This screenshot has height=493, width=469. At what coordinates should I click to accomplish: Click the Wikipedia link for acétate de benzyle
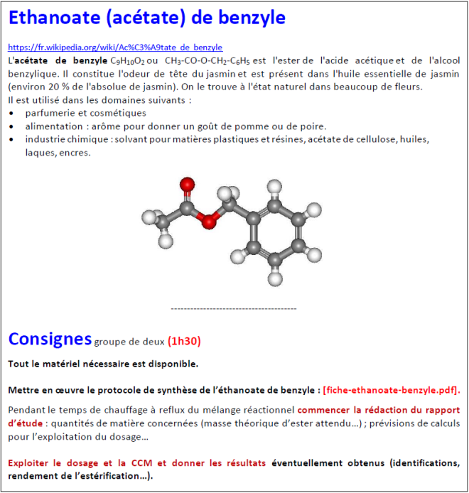click(x=115, y=48)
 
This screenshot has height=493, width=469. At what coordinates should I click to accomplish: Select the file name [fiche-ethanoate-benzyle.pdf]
click(x=391, y=389)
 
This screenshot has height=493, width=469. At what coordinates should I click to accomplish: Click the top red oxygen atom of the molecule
click(x=187, y=185)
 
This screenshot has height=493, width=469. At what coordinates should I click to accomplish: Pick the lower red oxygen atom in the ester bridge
click(x=207, y=223)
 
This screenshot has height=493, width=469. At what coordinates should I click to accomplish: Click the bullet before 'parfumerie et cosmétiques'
click(x=11, y=113)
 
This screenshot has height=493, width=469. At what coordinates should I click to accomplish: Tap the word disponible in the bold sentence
click(x=173, y=364)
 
